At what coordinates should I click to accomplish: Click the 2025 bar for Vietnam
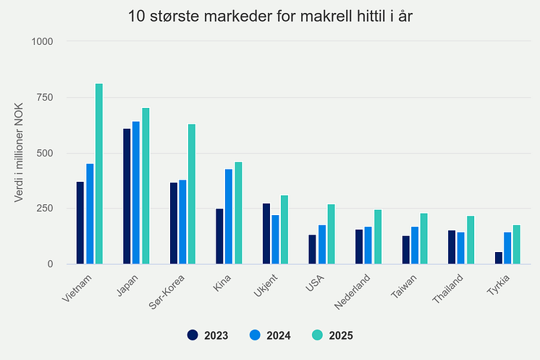tap(99, 174)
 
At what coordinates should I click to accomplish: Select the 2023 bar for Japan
tap(127, 196)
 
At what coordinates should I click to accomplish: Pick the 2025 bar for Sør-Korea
tap(192, 194)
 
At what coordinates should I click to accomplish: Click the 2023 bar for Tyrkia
tap(499, 258)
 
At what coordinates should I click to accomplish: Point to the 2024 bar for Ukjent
tap(275, 240)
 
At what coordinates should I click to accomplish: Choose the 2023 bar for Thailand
tap(452, 247)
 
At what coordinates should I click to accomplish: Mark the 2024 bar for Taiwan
tap(415, 246)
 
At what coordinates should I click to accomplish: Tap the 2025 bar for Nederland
tap(378, 237)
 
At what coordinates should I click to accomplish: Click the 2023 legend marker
tap(192, 335)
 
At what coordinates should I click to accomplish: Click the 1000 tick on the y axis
tap(41, 41)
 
